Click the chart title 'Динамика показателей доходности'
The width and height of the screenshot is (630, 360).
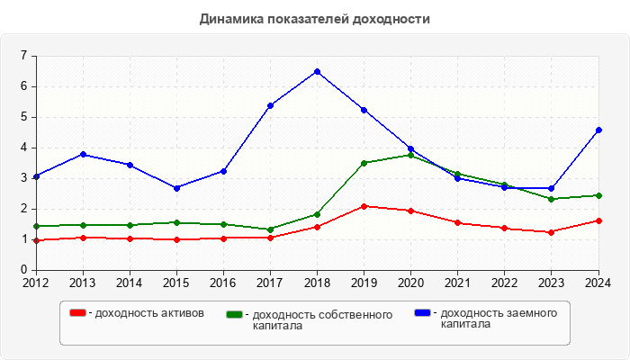314,19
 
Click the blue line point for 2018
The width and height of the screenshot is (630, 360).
317,71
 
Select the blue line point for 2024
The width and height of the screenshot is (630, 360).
598,130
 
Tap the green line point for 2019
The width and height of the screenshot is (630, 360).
364,163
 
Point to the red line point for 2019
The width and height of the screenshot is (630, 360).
364,206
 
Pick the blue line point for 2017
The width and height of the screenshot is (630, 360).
270,105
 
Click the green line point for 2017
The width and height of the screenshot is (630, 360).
270,229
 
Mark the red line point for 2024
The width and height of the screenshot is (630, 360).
598,220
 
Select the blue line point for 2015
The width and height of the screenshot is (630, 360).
176,187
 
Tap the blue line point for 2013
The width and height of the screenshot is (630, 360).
83,154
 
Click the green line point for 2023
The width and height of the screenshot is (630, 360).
552,199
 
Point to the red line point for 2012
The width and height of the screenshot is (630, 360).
36,240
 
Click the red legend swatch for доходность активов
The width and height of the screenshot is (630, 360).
78,312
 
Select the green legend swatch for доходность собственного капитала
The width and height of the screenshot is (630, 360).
235,314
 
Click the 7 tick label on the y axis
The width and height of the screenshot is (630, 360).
23,56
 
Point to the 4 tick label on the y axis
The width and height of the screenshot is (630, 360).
23,148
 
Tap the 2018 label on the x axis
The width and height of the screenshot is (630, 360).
317,283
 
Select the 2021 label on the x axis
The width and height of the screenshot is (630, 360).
457,283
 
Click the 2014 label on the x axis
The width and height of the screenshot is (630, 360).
130,283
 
